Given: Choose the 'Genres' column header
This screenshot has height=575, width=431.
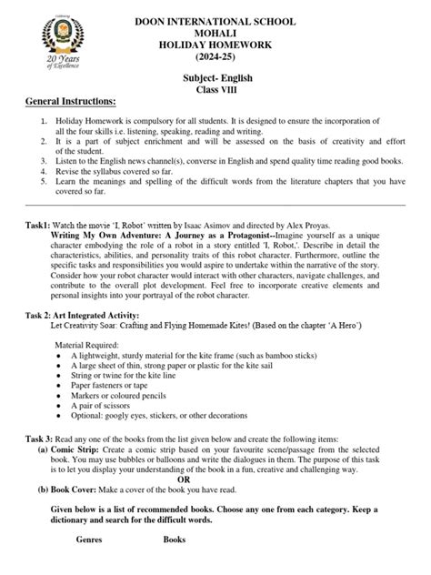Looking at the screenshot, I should click(88, 565).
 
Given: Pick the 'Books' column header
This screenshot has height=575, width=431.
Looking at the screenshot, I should click(174, 565).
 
